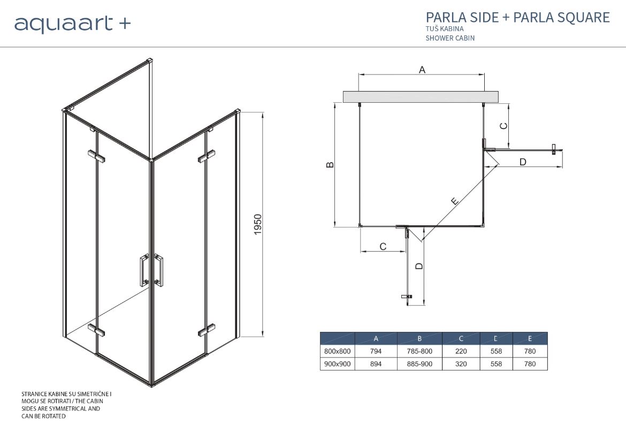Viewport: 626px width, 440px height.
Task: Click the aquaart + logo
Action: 72,24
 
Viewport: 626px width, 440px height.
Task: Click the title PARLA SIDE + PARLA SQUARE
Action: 518,17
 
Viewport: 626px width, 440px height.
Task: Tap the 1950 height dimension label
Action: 258,224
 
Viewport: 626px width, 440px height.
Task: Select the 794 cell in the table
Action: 376,351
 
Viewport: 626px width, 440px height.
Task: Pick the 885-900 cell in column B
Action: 419,364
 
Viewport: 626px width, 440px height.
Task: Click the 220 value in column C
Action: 461,351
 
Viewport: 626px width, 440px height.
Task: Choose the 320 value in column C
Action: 461,364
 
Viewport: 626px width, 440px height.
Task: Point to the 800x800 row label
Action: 338,351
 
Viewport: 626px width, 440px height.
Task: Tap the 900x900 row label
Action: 338,364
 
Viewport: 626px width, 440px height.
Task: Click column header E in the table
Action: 530,339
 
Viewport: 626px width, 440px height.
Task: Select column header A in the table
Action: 376,339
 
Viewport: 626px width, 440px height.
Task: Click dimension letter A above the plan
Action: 422,70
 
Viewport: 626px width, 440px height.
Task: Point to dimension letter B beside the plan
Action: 330,164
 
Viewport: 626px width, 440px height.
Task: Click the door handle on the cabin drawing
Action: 151,270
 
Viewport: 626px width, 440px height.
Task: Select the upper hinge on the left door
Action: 96,156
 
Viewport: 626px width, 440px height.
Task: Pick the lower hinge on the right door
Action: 207,330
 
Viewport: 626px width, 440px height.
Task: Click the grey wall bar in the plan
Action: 421,97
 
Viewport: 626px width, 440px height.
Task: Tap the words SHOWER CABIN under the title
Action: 450,39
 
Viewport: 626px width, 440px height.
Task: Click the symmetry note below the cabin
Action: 67,405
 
